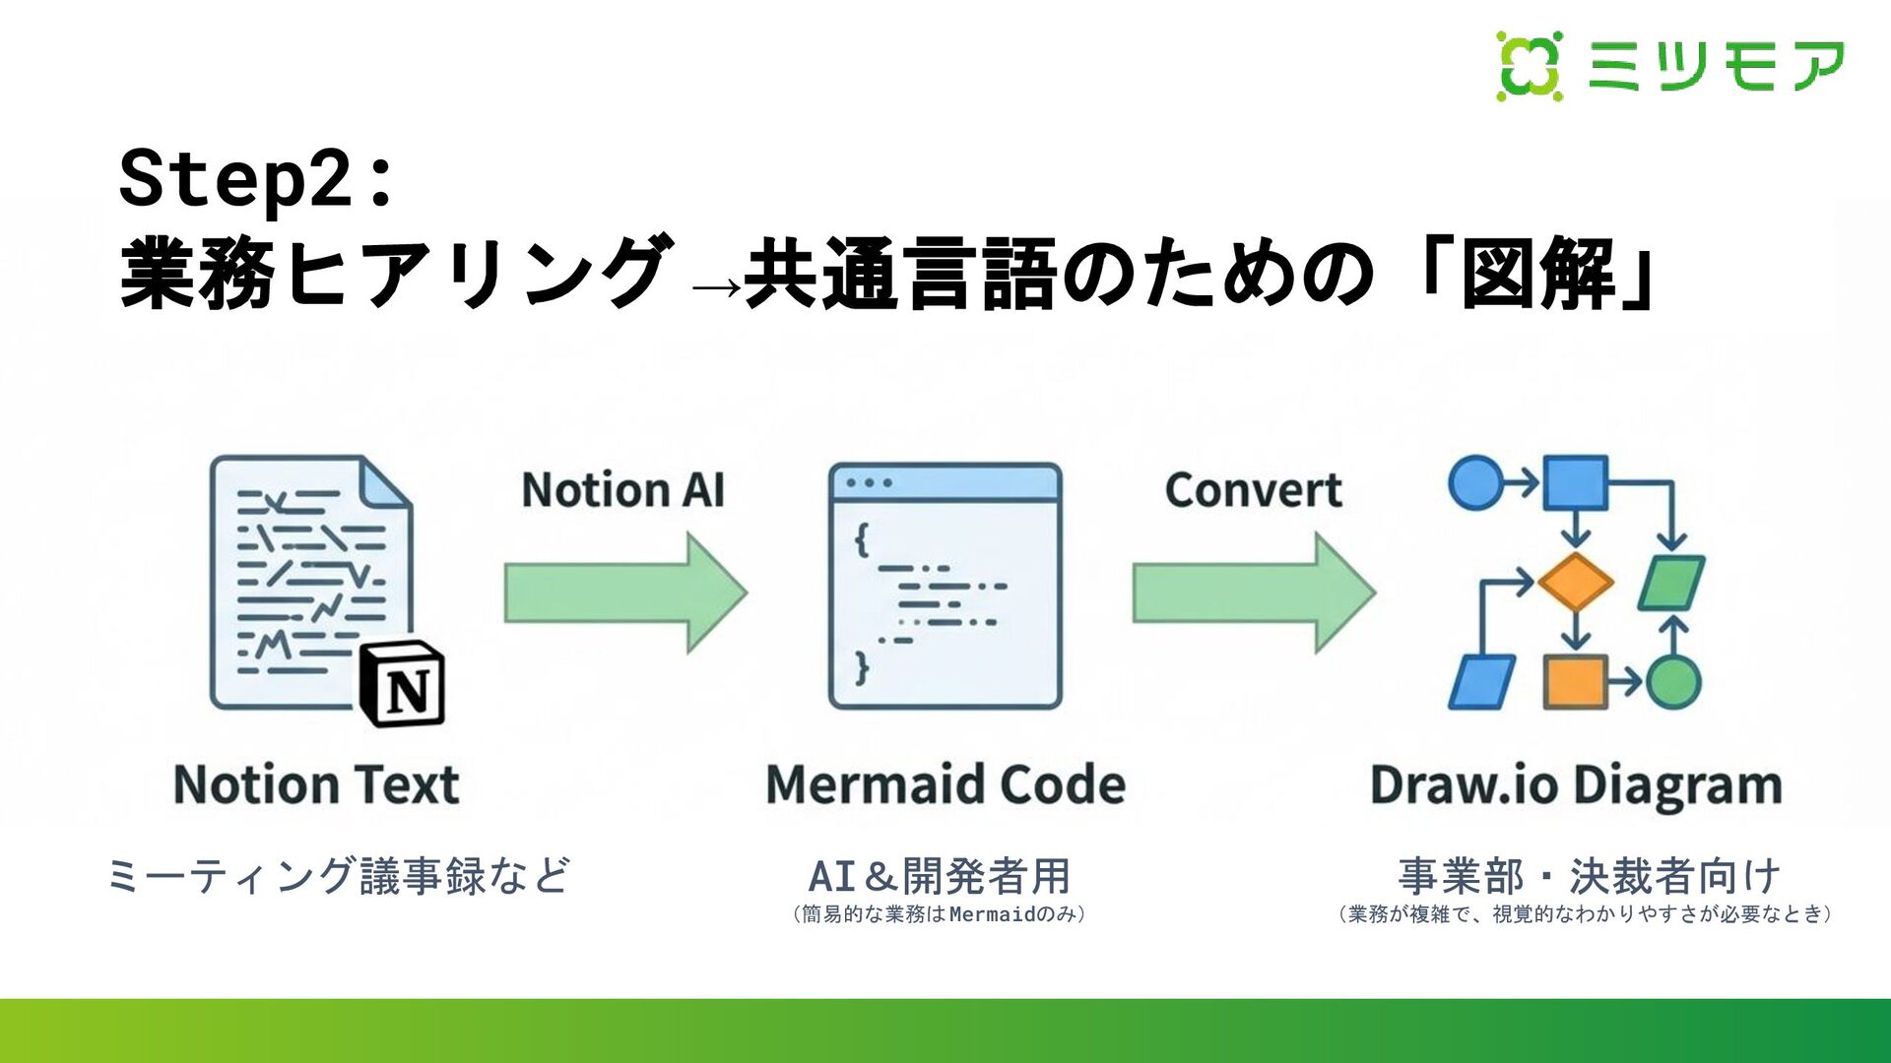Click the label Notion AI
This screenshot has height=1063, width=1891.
tap(622, 490)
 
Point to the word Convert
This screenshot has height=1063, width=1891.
tap(1253, 490)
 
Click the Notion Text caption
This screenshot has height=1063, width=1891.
tap(316, 785)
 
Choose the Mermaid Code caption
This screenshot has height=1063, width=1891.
tap(945, 785)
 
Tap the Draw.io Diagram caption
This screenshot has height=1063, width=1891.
tap(1576, 785)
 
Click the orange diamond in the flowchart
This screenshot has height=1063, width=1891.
tap(1576, 582)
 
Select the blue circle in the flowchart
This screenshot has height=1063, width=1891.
tap(1475, 483)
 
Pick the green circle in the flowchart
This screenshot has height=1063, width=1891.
tap(1673, 681)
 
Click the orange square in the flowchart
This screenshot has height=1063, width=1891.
tap(1576, 681)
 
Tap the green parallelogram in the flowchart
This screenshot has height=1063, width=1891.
tap(1671, 583)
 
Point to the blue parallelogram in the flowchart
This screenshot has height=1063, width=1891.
tap(1481, 681)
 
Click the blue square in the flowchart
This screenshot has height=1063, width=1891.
tap(1576, 482)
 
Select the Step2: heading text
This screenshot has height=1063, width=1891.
tap(256, 179)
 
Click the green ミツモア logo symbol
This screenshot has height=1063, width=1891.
tap(1530, 66)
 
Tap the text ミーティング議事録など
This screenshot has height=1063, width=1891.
tap(338, 875)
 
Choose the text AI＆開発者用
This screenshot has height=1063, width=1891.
tap(939, 875)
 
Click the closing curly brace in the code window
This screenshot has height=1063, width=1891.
tap(862, 667)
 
